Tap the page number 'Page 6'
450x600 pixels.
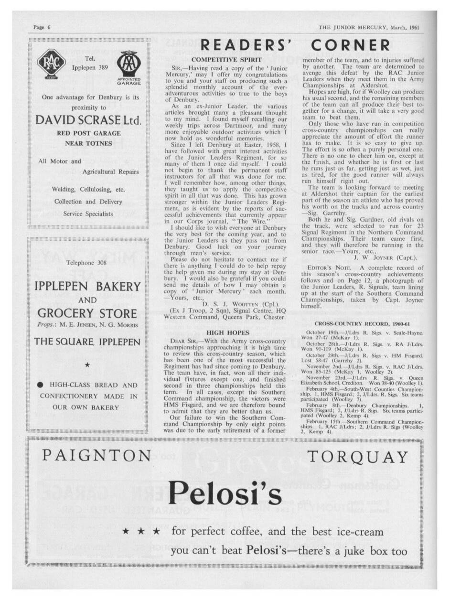(x=42, y=27)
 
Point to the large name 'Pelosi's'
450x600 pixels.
(x=225, y=493)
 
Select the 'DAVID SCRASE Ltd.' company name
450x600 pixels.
(x=89, y=120)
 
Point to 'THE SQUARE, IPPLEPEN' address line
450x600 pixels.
(x=87, y=342)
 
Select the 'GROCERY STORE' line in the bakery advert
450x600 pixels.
(x=87, y=313)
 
